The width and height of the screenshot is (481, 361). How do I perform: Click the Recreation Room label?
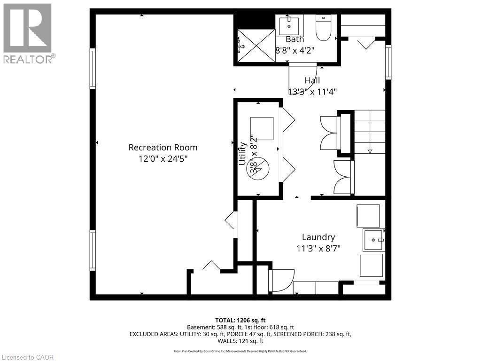point(163,148)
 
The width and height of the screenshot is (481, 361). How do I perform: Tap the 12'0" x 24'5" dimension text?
point(163,159)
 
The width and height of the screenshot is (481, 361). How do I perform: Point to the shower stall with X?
point(256,46)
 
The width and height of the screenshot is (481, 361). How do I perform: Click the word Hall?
point(312,80)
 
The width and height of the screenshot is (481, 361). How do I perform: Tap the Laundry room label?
point(318,237)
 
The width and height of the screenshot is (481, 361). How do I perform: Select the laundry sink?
point(374,240)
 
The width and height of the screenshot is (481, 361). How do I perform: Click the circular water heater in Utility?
point(257,167)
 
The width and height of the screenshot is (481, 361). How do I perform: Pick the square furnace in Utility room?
point(262,128)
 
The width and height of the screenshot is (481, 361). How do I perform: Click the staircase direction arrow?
point(370,150)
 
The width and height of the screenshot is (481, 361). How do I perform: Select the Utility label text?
point(243,153)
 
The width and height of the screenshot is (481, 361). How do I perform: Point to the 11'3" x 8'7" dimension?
point(318,249)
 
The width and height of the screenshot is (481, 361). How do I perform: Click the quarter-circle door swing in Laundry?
point(283,281)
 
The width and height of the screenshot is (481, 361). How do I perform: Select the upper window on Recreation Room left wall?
point(93,69)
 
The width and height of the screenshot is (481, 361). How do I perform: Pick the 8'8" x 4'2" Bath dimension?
point(295,50)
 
